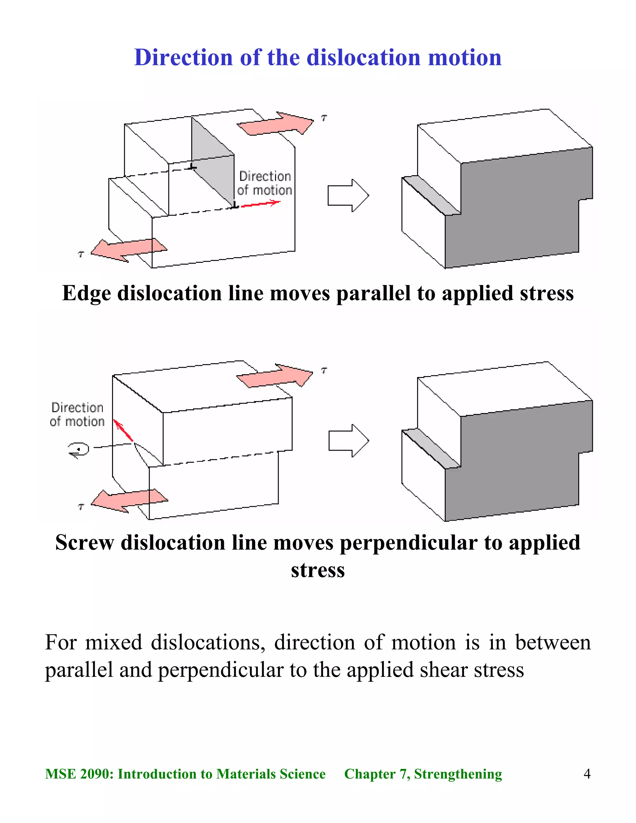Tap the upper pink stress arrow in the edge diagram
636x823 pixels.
pyautogui.click(x=275, y=124)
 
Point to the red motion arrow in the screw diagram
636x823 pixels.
pyautogui.click(x=123, y=431)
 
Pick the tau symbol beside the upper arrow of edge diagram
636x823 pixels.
pyautogui.click(x=324, y=118)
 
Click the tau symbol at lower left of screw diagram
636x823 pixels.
pyautogui.click(x=81, y=507)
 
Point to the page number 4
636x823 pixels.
pyautogui.click(x=587, y=774)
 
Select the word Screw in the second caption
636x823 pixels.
pyautogui.click(x=84, y=543)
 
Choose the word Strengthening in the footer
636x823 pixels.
pyautogui.click(x=458, y=774)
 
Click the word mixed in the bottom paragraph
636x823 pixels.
pyautogui.click(x=113, y=642)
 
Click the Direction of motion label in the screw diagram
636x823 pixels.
pyautogui.click(x=77, y=414)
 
